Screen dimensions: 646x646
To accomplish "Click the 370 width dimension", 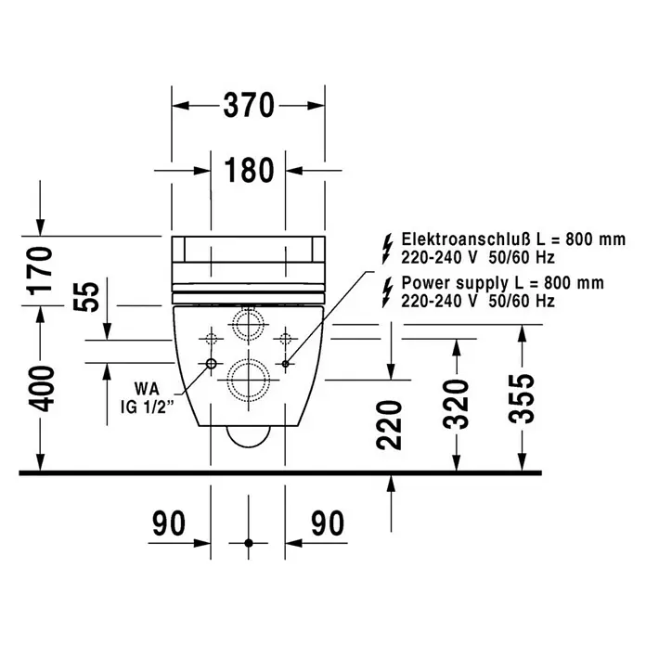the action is pyautogui.click(x=249, y=106).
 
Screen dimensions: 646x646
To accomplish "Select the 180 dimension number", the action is pyautogui.click(x=249, y=170).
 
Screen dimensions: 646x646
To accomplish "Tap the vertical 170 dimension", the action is pyautogui.click(x=40, y=271).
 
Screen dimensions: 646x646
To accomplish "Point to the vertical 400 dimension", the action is pyautogui.click(x=41, y=389).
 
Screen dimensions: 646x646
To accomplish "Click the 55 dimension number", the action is pyautogui.click(x=86, y=297).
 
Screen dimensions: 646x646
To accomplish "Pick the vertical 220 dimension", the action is pyautogui.click(x=389, y=424).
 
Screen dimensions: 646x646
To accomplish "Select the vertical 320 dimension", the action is pyautogui.click(x=456, y=404).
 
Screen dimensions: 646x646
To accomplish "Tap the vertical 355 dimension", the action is pyautogui.click(x=522, y=398).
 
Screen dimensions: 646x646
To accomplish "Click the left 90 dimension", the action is pyautogui.click(x=169, y=523).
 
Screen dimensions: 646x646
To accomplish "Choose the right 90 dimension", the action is pyautogui.click(x=328, y=523).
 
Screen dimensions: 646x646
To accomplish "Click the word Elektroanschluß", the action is pyautogui.click(x=466, y=239).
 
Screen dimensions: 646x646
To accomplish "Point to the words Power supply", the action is pyautogui.click(x=455, y=284).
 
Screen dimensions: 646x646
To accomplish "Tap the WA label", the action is pyautogui.click(x=147, y=389).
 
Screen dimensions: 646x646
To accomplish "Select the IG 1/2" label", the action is pyautogui.click(x=148, y=407).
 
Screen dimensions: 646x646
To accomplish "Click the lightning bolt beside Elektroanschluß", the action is pyautogui.click(x=387, y=249).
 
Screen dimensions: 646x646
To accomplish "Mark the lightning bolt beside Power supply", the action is pyautogui.click(x=387, y=292).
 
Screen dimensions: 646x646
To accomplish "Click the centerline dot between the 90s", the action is pyautogui.click(x=249, y=543).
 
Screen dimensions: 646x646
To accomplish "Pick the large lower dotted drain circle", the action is pyautogui.click(x=249, y=360).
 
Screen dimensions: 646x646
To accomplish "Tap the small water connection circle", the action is pyautogui.click(x=211, y=364).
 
